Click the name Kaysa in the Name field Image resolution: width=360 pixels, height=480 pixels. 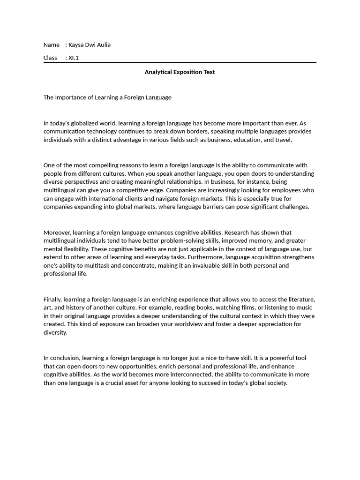pyautogui.click(x=77, y=45)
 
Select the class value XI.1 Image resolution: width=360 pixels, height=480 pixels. pyautogui.click(x=74, y=58)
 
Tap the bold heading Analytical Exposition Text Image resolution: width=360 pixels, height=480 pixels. pyautogui.click(x=180, y=72)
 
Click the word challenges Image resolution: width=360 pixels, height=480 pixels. pyautogui.click(x=293, y=207)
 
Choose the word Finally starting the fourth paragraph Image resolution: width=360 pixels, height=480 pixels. pyautogui.click(x=52, y=300)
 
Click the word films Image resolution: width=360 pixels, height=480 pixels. pyautogui.click(x=228, y=307)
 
